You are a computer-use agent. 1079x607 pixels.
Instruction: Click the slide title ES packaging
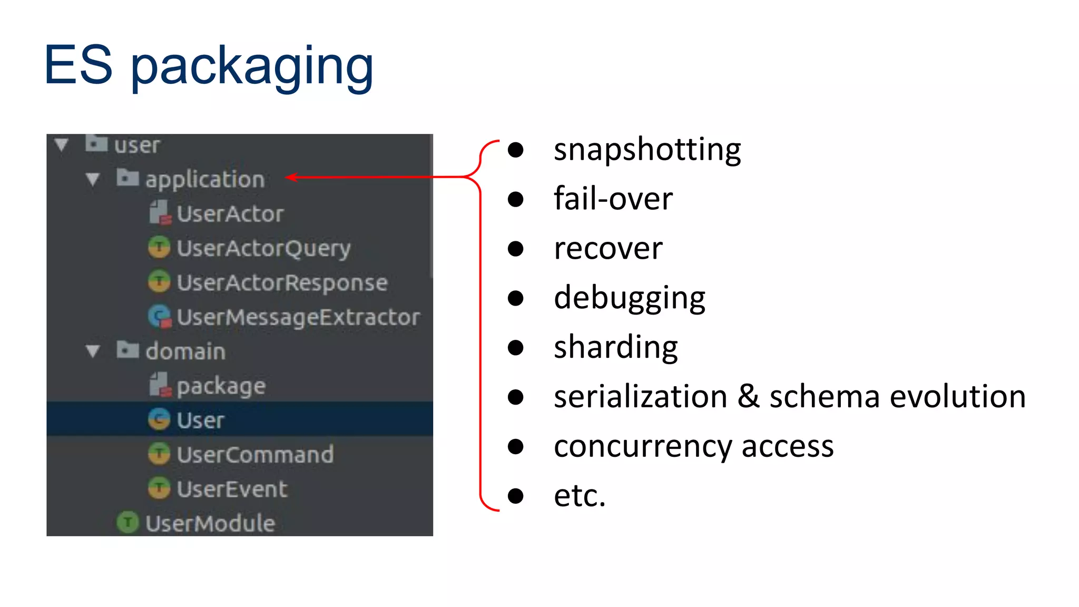tap(209, 65)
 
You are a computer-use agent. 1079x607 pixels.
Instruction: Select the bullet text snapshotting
tap(647, 150)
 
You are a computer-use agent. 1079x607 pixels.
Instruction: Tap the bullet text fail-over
tap(613, 199)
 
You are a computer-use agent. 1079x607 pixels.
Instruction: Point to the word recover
tap(608, 249)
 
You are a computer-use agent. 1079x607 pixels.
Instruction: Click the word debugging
tap(629, 298)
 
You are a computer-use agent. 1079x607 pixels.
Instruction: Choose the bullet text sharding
tap(615, 348)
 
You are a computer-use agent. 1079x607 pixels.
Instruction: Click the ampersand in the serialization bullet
tap(748, 396)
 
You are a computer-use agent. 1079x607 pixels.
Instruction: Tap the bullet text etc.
tap(580, 496)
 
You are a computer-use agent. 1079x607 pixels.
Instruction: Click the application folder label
tap(205, 180)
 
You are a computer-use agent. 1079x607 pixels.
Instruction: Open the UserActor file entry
tap(230, 214)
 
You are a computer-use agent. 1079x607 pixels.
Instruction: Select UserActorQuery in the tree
tap(263, 248)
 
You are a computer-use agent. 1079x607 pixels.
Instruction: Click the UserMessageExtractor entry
tap(298, 317)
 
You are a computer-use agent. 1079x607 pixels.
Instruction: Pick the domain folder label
tap(185, 351)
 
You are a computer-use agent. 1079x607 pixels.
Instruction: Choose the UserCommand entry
tap(255, 455)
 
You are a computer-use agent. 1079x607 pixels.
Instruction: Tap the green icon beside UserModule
tap(127, 522)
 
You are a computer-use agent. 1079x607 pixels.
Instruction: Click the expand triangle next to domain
tap(93, 351)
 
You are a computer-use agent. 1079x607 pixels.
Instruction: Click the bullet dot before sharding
tap(515, 348)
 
